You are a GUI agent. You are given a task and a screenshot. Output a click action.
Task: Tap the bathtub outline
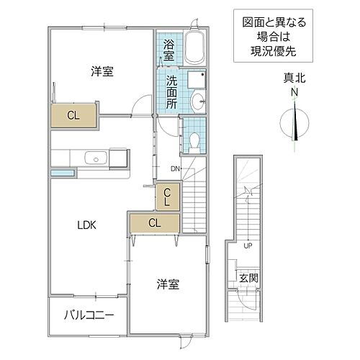[x=194, y=49]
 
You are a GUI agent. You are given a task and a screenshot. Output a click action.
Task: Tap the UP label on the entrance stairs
[x=247, y=245]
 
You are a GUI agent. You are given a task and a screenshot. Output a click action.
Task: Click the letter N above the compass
[x=294, y=93]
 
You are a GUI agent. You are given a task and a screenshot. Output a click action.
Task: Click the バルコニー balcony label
[x=89, y=315]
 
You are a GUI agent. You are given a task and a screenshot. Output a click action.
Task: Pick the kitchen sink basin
[x=94, y=158]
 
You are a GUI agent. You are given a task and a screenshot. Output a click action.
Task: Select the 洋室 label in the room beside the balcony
[x=168, y=284]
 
